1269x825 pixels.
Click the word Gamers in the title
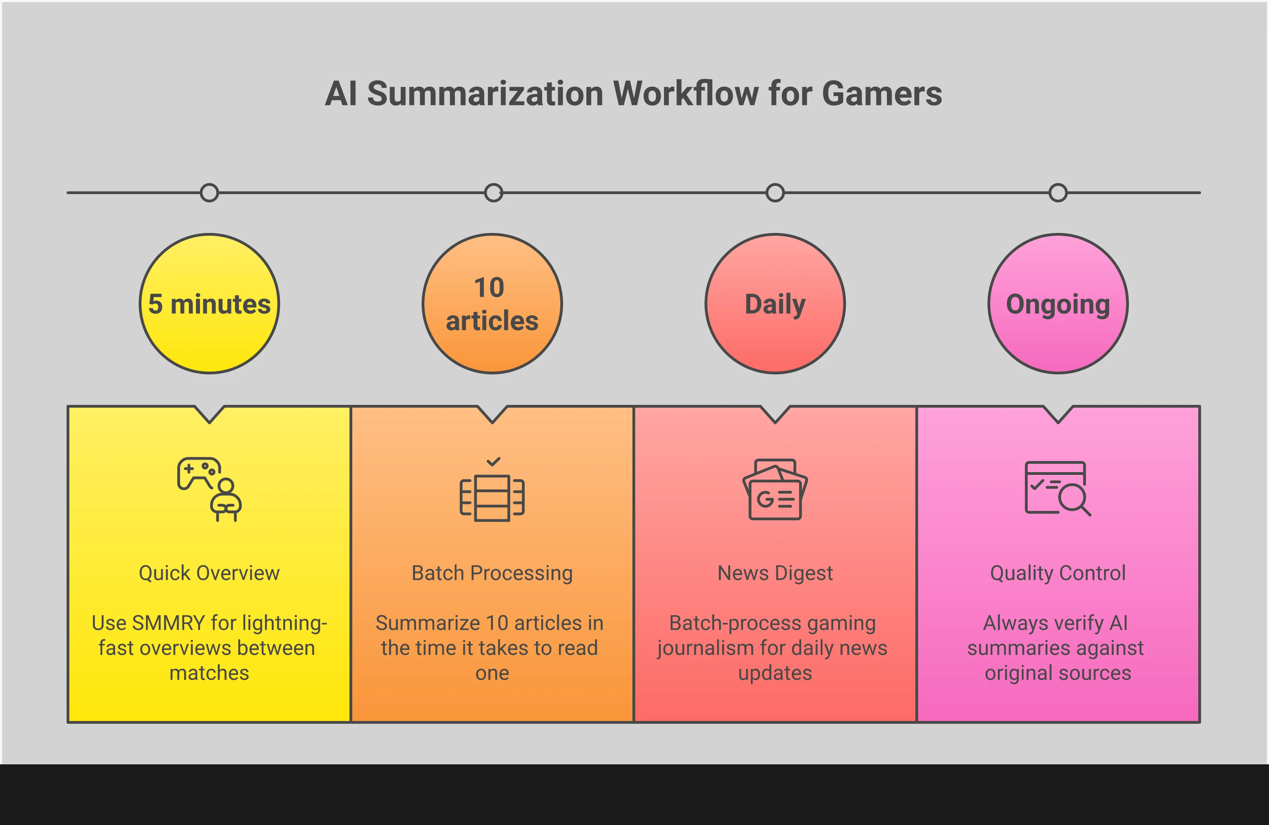click(882, 94)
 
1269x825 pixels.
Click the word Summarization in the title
click(485, 94)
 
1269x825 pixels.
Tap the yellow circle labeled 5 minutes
click(209, 304)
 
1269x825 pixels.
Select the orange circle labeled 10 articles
click(492, 304)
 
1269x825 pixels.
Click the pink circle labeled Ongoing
click(1058, 304)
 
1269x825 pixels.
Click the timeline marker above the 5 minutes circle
click(209, 192)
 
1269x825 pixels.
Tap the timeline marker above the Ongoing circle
click(1058, 192)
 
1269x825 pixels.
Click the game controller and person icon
click(209, 489)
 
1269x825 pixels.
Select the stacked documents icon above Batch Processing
click(492, 497)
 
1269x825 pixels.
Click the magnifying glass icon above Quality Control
click(1058, 488)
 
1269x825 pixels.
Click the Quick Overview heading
click(209, 573)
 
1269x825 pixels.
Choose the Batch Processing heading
click(492, 573)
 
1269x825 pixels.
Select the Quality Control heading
click(1058, 573)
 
